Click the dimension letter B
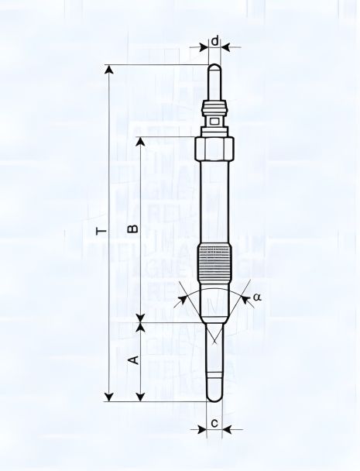132,229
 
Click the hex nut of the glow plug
214,147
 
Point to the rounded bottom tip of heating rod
214,397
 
